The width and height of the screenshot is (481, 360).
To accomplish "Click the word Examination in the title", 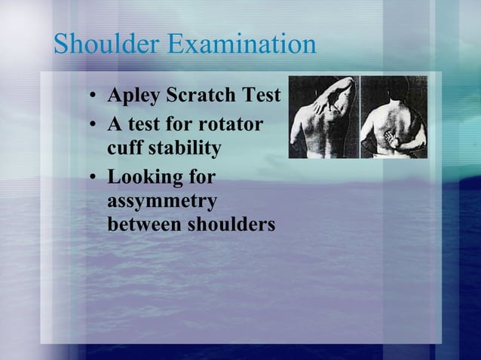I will tap(241, 44).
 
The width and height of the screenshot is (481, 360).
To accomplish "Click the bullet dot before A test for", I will tap(91, 124).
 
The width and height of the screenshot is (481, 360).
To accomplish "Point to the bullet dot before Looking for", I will tap(91, 178).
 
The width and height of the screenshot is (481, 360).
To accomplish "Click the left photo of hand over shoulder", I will tap(323, 117).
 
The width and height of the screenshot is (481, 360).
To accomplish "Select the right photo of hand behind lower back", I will tap(394, 117).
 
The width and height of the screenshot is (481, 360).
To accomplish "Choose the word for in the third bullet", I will tap(201, 178).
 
